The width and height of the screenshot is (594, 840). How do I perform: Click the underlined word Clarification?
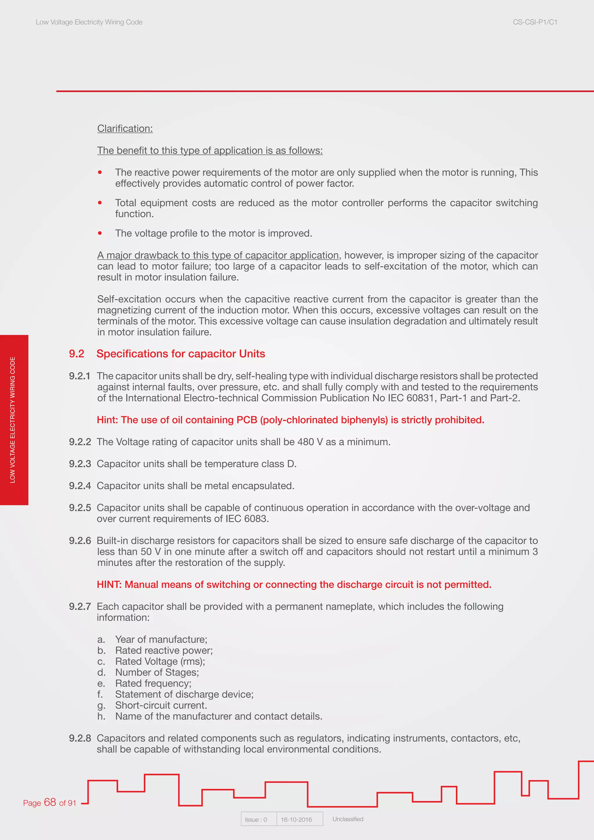[125, 128]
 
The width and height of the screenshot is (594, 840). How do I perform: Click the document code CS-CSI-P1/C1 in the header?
[535, 22]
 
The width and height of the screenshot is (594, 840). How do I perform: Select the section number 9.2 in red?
[77, 354]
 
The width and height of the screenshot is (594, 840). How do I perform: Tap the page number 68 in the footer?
[50, 802]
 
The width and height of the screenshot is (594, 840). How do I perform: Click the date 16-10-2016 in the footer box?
[296, 819]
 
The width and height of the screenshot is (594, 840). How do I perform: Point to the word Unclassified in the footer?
[347, 819]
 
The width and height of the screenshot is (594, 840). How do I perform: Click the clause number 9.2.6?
[80, 541]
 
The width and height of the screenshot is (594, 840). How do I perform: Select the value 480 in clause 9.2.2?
[305, 442]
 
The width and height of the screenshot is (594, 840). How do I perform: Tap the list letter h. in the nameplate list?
[101, 716]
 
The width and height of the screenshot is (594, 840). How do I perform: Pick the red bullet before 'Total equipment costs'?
[100, 203]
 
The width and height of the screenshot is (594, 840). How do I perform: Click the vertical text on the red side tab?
[13, 420]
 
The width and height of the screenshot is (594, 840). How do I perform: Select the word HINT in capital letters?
[109, 585]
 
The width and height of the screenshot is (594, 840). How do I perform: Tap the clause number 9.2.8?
[80, 738]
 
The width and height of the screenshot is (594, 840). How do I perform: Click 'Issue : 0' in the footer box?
[256, 819]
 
